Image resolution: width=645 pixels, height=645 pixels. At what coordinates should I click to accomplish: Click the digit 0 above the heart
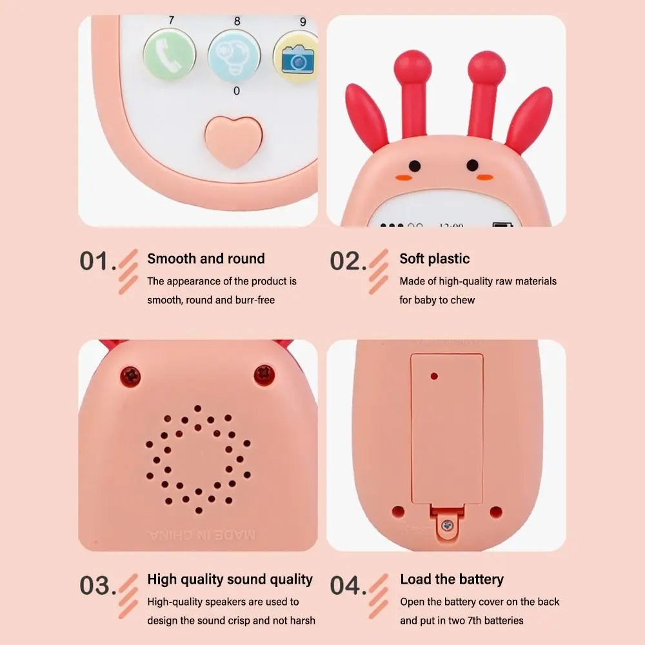[237, 91]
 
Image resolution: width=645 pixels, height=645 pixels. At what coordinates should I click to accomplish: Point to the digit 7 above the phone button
[171, 21]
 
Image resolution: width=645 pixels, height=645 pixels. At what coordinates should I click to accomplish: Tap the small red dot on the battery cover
[434, 375]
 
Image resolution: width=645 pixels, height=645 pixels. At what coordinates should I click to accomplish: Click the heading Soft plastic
[434, 259]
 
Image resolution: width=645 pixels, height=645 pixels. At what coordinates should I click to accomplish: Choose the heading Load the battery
[451, 579]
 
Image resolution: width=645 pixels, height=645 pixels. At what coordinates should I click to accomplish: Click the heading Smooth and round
[206, 259]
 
